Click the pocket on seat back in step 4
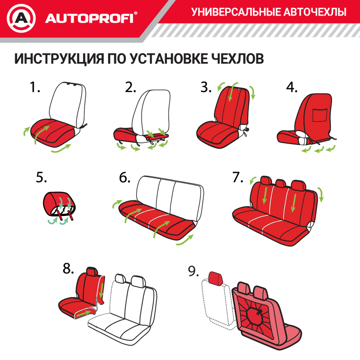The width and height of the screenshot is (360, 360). (321, 116)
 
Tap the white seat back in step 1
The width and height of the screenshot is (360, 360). (67, 103)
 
